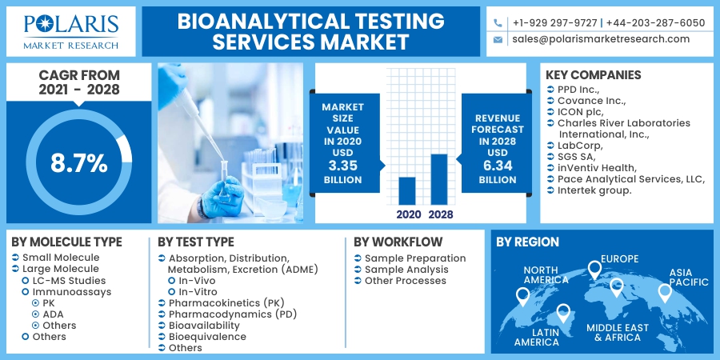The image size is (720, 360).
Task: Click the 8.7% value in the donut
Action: tap(78, 163)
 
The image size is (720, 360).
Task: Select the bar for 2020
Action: tap(406, 190)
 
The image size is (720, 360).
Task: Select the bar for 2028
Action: tap(439, 179)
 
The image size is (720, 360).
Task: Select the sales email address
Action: tap(600, 38)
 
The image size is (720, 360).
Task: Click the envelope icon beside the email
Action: tap(498, 39)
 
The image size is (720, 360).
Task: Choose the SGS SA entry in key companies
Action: tap(579, 157)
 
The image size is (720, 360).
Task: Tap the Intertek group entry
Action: tap(594, 190)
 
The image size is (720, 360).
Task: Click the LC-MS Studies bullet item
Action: tap(69, 281)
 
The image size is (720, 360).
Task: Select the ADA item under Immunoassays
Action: tap(53, 314)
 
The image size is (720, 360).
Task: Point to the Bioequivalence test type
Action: tap(207, 337)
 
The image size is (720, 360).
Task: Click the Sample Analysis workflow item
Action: tap(406, 270)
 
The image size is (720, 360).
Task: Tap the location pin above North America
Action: tap(522, 296)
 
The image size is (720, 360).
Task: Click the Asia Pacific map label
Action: tap(689, 277)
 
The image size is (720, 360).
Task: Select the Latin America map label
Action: tap(537, 337)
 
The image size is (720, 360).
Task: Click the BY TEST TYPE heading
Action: tap(196, 242)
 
